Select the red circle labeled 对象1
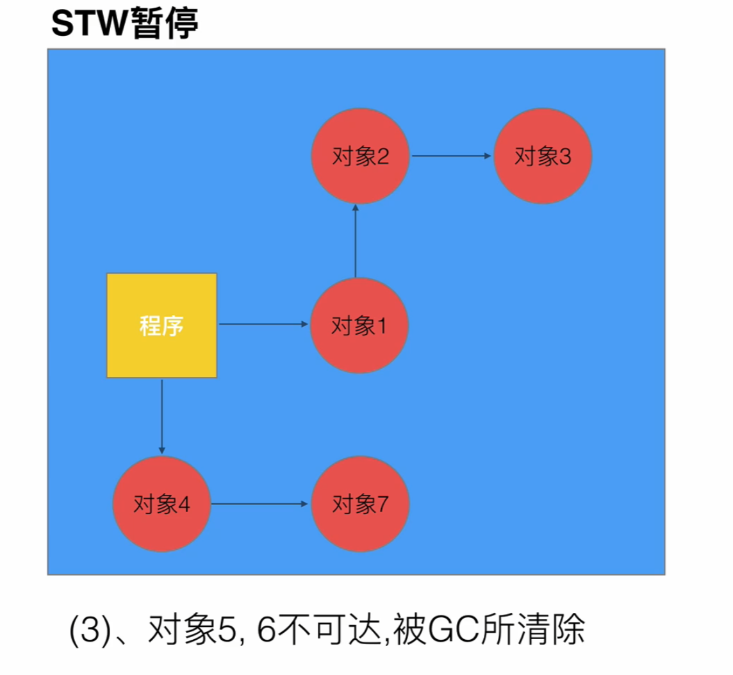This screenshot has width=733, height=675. (x=359, y=326)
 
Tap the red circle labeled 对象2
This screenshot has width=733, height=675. (x=360, y=156)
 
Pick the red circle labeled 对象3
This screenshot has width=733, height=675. (x=542, y=156)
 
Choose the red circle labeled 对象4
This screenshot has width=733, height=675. (x=161, y=504)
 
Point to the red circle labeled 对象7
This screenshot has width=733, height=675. (x=360, y=504)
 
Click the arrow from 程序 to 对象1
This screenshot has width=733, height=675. (x=263, y=324)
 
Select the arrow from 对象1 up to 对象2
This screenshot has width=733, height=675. (x=354, y=240)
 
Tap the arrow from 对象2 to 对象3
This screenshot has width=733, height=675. (x=452, y=156)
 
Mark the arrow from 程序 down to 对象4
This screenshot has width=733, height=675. (x=161, y=415)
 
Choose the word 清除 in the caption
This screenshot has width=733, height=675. (x=556, y=631)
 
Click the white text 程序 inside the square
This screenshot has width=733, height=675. (x=161, y=326)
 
